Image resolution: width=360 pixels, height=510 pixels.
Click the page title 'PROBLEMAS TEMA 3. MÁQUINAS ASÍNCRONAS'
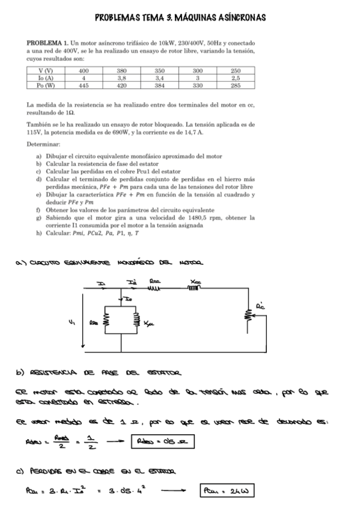[x=180, y=17]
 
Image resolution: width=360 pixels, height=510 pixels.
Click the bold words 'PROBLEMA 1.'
[x=47, y=45]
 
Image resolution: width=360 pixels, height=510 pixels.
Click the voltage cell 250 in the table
[x=236, y=70]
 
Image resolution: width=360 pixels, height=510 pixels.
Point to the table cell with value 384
[x=160, y=85]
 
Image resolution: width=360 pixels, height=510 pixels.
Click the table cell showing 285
[x=236, y=85]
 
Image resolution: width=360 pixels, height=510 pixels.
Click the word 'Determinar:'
[x=43, y=145]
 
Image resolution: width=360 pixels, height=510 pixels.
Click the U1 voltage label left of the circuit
[x=72, y=321]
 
